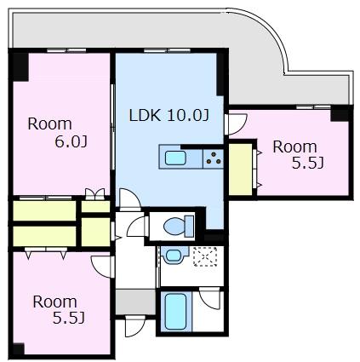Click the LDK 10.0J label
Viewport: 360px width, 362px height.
tap(169, 115)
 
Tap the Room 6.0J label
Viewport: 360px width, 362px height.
tap(57, 133)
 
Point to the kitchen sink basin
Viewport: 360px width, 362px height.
tap(175, 158)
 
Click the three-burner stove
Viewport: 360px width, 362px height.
tap(214, 158)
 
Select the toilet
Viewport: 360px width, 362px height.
tap(179, 226)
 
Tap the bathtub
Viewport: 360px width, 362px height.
tap(175, 312)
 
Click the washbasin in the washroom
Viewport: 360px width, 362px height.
tap(174, 255)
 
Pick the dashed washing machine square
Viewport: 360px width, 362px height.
tap(205, 256)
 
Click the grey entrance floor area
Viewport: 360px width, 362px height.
tap(135, 302)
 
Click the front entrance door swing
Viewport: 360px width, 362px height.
tap(134, 325)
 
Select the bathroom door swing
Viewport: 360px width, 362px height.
tap(209, 298)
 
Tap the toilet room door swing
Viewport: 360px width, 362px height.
tap(137, 226)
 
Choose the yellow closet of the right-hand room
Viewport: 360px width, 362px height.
tap(240, 170)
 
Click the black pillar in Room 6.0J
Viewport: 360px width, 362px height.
tap(20, 67)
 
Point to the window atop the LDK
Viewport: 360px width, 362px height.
tap(167, 50)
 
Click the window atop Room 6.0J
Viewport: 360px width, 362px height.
tap(66, 50)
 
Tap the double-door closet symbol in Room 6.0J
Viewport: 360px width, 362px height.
tap(95, 194)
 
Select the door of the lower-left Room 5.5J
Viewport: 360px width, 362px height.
tap(103, 267)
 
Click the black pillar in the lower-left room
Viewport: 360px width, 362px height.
tap(19, 349)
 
